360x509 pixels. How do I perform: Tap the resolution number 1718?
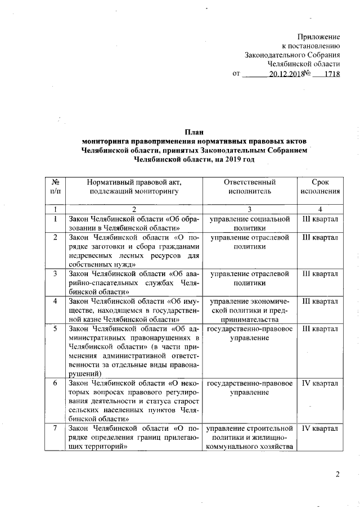331,74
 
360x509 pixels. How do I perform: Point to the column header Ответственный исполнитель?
250,187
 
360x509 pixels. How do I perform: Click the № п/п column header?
56,187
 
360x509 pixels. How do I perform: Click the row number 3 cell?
56,274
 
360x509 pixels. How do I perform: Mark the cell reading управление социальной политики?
250,223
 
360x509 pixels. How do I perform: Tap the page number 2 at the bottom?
337,474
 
